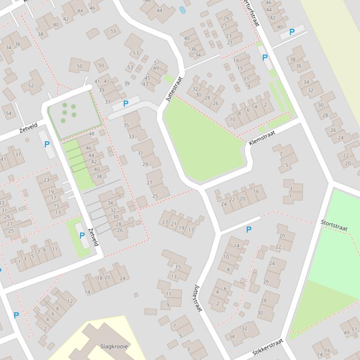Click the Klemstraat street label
click(x=262, y=137)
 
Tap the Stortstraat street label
click(x=334, y=225)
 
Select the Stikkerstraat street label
click(x=268, y=348)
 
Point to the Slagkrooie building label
click(x=114, y=346)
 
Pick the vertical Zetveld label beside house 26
click(x=94, y=237)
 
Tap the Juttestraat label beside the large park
click(x=173, y=89)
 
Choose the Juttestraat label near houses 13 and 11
click(x=198, y=298)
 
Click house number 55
click(x=113, y=31)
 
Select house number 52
click(x=31, y=86)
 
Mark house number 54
click(x=8, y=113)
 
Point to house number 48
click(x=91, y=134)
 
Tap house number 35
click(x=126, y=125)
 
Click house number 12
click(x=70, y=301)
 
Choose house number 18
click(x=100, y=278)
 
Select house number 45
click(x=147, y=78)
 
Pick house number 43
click(x=145, y=84)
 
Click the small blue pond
click(x=182, y=9)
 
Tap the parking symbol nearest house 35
click(x=125, y=104)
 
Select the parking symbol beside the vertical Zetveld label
click(x=82, y=236)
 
